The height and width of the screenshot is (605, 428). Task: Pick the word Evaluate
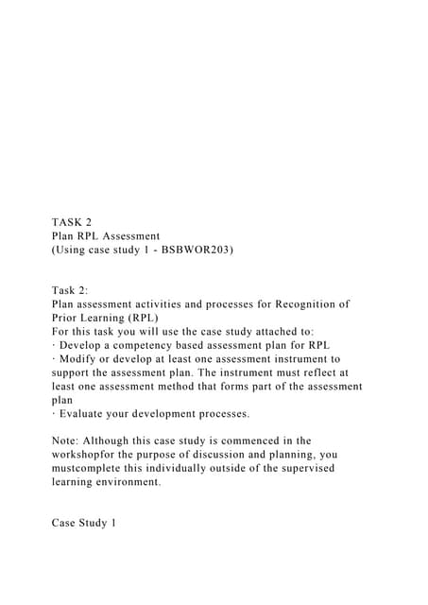coord(86,414)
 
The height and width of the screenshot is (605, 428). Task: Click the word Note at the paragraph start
coord(69,441)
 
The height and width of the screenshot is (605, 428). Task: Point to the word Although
coord(119,441)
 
